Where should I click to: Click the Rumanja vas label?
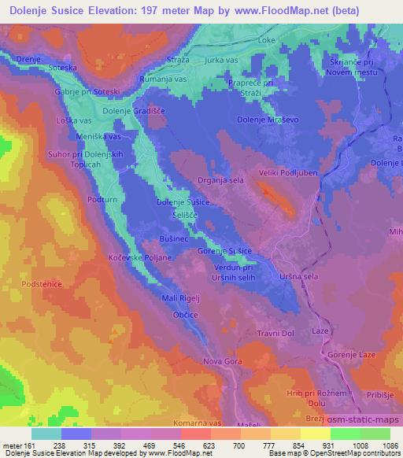click(162, 79)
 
